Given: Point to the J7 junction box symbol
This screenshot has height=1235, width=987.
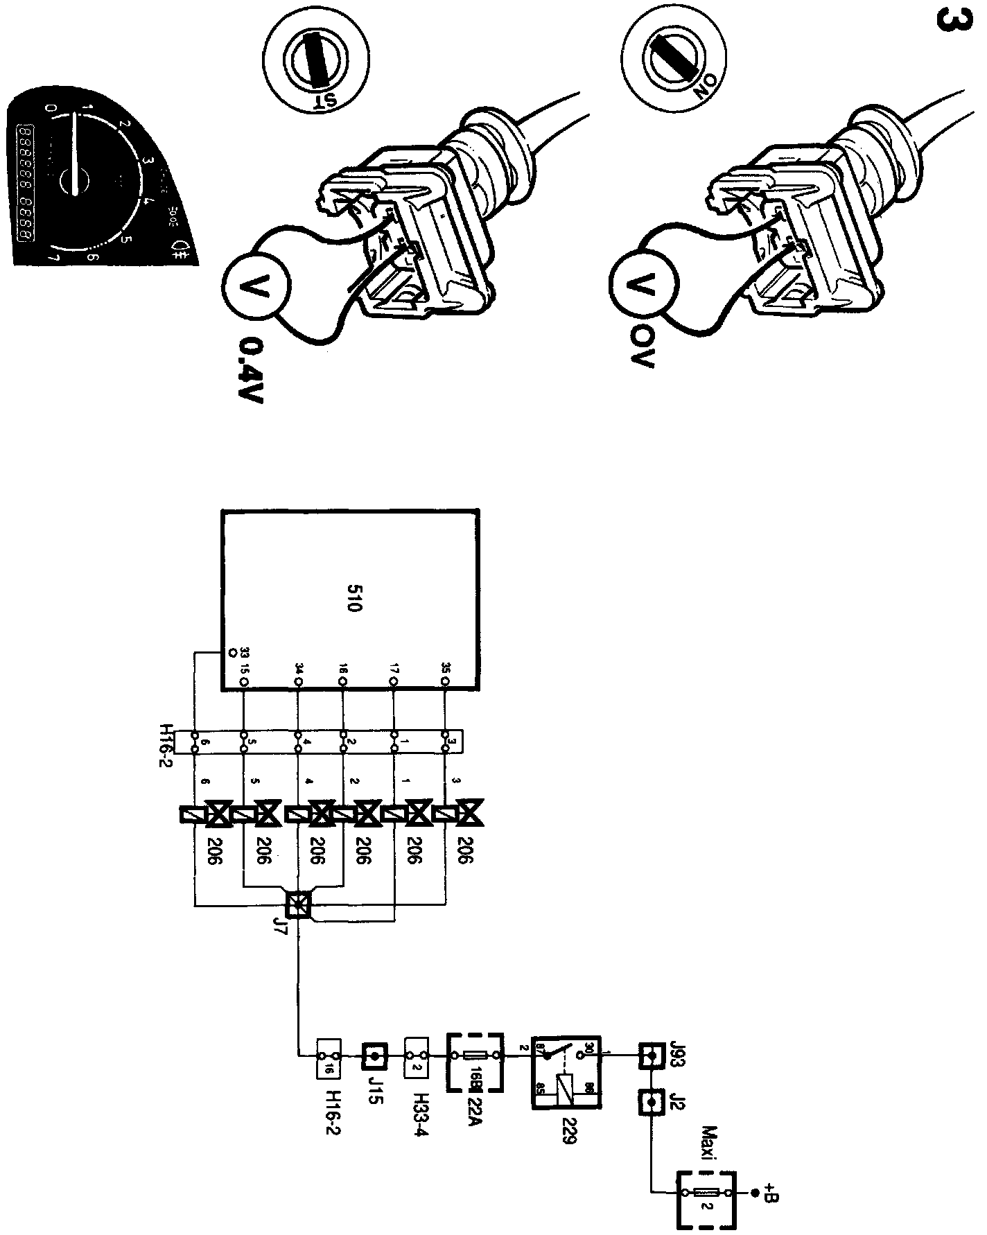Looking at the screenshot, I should (299, 904).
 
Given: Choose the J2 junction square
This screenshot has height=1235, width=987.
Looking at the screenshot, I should (650, 1101).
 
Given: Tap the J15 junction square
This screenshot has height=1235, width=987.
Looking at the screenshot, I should (374, 1058).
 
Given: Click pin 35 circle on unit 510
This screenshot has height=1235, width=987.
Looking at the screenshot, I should (444, 682).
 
